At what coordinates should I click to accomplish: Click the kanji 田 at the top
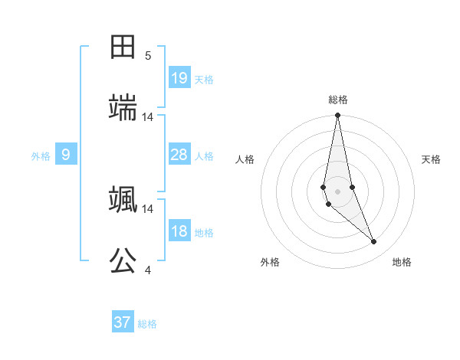[123, 47]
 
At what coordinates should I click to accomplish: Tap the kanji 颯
[123, 200]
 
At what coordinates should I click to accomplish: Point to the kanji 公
[123, 261]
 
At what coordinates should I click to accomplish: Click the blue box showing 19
[179, 77]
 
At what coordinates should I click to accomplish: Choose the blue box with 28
[179, 155]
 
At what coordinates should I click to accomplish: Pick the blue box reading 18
[179, 231]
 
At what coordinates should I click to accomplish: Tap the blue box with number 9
[66, 155]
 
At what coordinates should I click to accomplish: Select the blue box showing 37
[123, 322]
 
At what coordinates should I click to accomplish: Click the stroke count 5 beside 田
[148, 55]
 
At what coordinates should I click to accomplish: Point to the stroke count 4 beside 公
[148, 270]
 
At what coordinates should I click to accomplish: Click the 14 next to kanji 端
[148, 116]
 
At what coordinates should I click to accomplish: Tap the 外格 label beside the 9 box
[41, 156]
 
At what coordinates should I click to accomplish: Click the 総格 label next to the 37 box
[147, 324]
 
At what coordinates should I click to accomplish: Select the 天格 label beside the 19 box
[204, 79]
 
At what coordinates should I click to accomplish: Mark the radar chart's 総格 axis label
[338, 100]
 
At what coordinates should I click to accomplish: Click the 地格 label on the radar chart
[402, 262]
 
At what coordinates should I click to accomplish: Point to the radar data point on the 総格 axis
[337, 116]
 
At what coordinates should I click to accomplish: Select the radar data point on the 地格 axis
[374, 242]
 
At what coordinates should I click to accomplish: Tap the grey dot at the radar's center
[337, 191]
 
